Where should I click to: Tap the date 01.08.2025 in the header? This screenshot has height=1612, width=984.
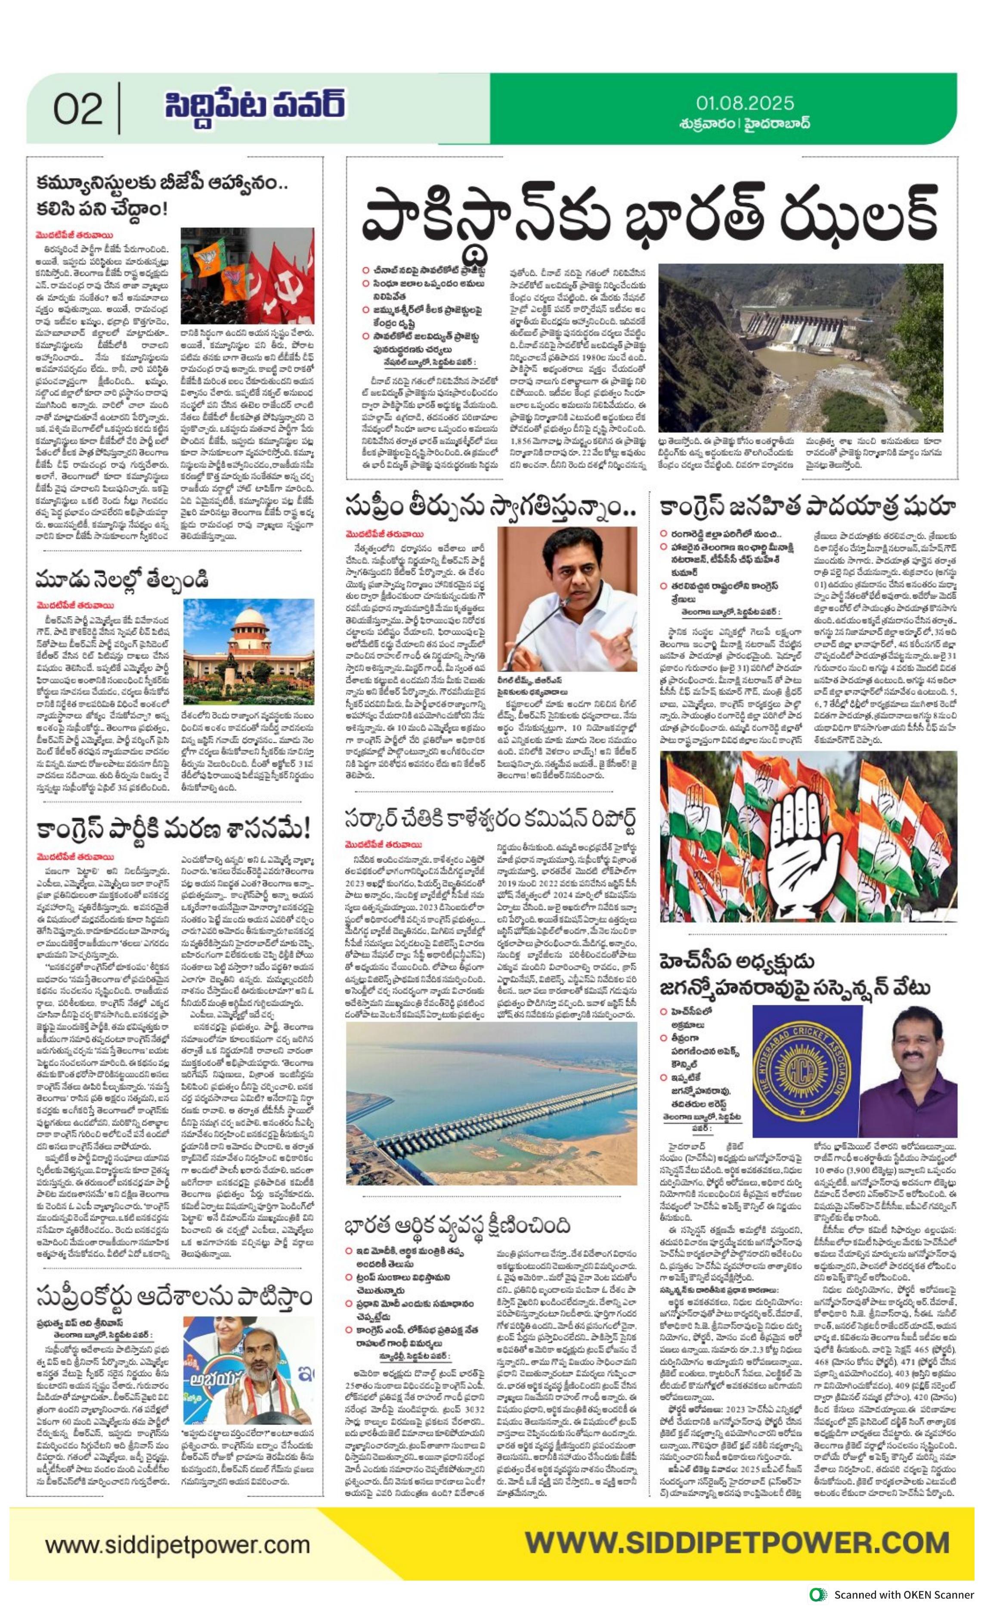[745, 103]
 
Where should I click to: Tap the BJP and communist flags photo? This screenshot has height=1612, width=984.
[248, 276]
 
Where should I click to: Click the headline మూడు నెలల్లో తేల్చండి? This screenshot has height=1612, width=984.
[122, 578]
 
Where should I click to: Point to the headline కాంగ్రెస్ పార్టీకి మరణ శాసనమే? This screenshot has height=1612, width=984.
[173, 828]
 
